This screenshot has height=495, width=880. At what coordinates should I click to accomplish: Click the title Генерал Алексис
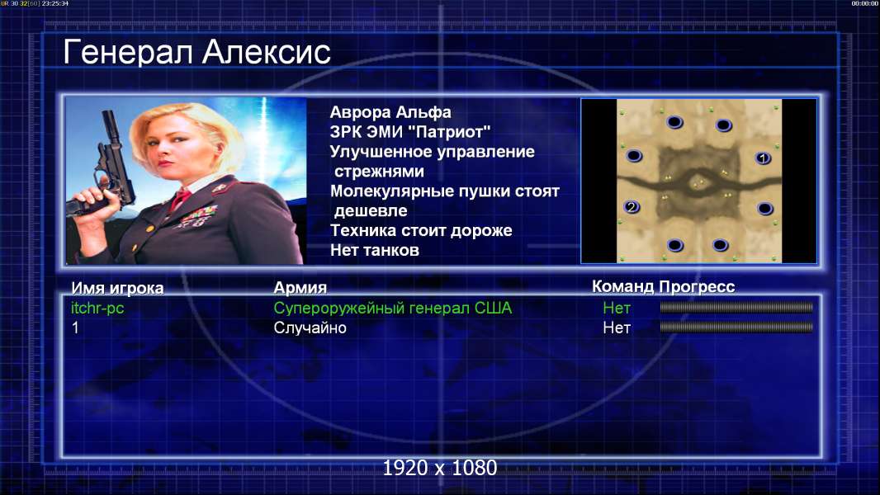pos(196,53)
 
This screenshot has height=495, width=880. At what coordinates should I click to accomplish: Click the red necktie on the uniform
pos(181,199)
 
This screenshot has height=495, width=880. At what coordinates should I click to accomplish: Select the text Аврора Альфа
pos(390,112)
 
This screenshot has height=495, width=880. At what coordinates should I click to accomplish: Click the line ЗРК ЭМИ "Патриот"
pos(410,132)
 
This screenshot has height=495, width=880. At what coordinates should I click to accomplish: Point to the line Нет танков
pos(374,250)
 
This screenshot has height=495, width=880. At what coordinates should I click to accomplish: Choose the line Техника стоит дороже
pos(421,230)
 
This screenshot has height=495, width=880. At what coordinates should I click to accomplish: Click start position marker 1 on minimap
pos(762,158)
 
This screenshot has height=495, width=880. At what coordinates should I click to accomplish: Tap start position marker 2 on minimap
pos(632,207)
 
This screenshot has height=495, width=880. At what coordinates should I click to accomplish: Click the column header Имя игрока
pos(117,288)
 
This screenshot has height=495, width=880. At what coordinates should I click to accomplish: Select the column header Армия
pos(300,288)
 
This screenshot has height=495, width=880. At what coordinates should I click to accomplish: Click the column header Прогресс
pos(697,287)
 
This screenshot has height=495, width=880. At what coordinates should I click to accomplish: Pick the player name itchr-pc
pos(97,308)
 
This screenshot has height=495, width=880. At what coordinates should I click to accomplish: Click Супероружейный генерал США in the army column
pos(392,309)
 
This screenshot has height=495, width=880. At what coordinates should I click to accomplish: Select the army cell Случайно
pos(310,328)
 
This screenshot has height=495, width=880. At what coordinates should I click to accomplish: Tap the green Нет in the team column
pos(616,308)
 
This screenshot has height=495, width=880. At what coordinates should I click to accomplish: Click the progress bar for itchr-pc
pos(736,307)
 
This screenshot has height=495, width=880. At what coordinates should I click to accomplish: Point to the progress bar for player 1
pos(736,327)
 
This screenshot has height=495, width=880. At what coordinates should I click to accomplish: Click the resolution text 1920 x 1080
pos(440,468)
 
